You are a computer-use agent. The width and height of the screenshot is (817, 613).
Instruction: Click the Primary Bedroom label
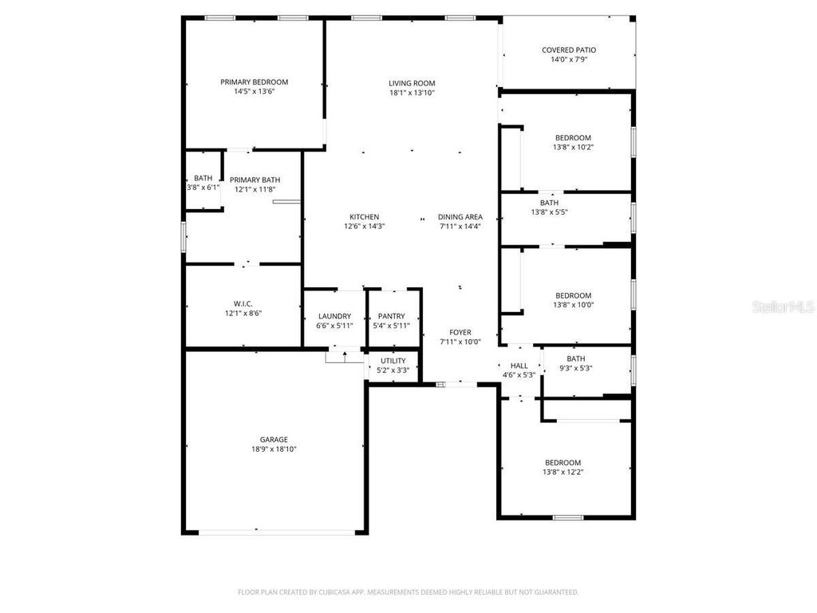(x=254, y=82)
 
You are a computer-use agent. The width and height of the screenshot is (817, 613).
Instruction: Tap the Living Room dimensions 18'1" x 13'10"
(x=412, y=93)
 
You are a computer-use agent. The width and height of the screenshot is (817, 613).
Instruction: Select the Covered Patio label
(x=568, y=50)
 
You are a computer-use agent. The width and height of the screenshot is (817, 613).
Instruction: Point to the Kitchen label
(x=364, y=217)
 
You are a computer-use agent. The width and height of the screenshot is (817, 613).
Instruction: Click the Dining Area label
(x=460, y=217)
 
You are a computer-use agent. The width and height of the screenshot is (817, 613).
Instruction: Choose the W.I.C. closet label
(x=243, y=303)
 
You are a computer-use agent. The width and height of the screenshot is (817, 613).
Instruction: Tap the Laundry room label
(x=334, y=316)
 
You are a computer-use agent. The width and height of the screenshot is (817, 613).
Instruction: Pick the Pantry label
(x=391, y=316)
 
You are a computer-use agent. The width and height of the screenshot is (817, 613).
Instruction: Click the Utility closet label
(x=393, y=361)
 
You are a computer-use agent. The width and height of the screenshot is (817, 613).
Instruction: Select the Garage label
(x=274, y=440)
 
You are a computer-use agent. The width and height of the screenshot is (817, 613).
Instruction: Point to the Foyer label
(x=460, y=333)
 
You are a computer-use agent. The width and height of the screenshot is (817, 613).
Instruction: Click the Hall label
(x=519, y=366)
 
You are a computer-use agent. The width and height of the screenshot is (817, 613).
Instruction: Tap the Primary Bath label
(x=255, y=180)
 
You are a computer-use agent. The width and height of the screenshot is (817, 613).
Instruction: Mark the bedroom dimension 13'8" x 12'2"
(x=563, y=472)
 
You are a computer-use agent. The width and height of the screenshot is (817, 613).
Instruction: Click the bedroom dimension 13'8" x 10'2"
(x=573, y=147)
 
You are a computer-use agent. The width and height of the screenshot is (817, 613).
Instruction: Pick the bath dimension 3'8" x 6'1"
(x=203, y=188)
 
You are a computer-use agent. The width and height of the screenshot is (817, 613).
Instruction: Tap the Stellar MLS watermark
(x=785, y=306)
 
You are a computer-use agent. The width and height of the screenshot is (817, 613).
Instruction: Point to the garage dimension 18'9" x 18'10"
(x=274, y=449)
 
